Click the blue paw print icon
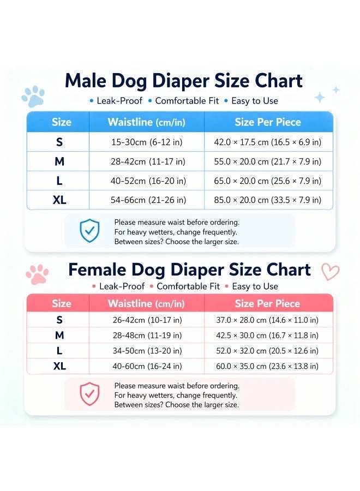pos(33,96)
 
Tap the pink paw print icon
pos(37,274)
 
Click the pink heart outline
pos(330,272)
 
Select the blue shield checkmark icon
pos(89,230)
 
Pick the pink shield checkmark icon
pos(89,393)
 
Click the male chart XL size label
pos(59,200)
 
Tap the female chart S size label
pos(59,320)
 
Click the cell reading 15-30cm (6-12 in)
pos(147,142)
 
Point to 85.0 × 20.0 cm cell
pos(268,200)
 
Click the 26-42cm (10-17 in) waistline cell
pos(147,320)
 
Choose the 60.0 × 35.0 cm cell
pos(267,366)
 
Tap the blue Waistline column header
pos(147,122)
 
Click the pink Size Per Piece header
pos(267,303)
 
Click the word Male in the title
pos(86,81)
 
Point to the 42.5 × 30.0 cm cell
pos(267,336)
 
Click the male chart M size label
pos(59,161)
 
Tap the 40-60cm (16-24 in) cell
pos(147,366)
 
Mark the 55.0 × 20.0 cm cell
pos(268,161)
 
